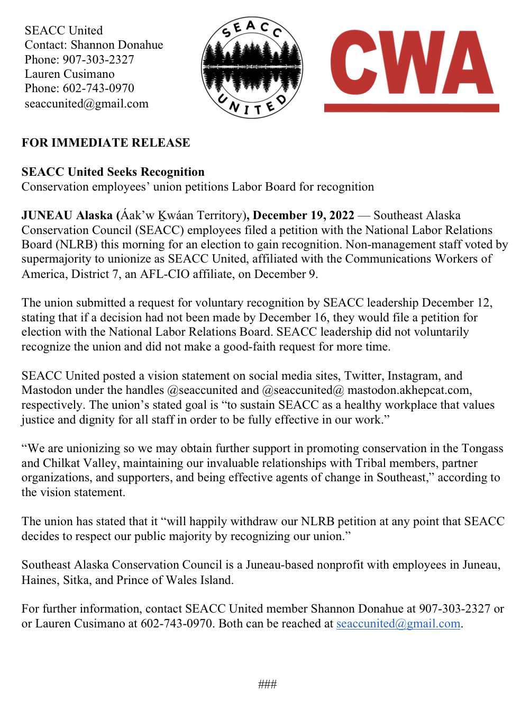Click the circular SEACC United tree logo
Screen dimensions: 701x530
pyautogui.click(x=252, y=67)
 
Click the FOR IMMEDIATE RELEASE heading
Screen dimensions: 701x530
pyautogui.click(x=106, y=142)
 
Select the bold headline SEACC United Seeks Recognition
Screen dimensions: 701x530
pyautogui.click(x=113, y=172)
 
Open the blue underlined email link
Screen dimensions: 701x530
pyautogui.click(x=398, y=623)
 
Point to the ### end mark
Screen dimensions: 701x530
pyautogui.click(x=267, y=684)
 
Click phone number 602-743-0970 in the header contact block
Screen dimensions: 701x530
pyautogui.click(x=98, y=88)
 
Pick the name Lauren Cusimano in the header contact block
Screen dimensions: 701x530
pyautogui.click(x=69, y=74)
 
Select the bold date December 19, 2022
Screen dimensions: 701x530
pyautogui.click(x=303, y=215)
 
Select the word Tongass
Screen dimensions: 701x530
pyautogui.click(x=482, y=448)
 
